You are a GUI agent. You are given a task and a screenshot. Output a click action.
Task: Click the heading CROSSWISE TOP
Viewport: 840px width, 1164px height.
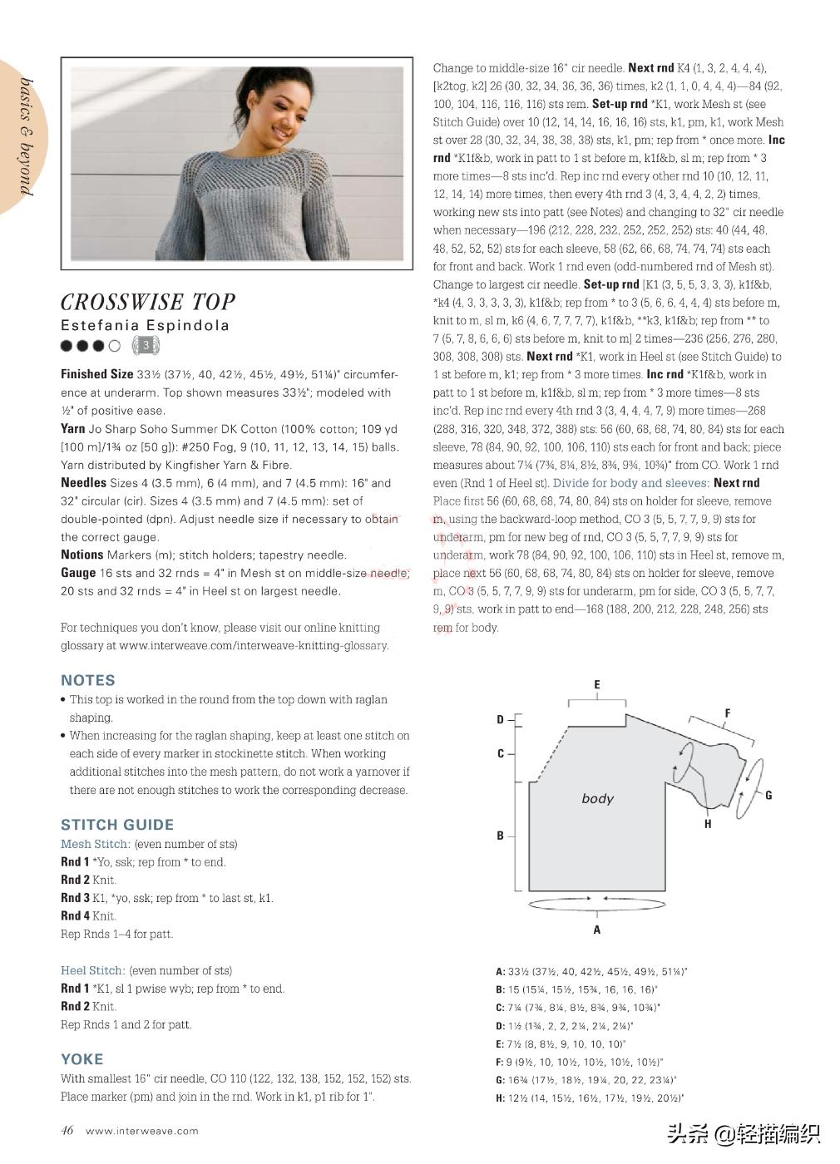(148, 301)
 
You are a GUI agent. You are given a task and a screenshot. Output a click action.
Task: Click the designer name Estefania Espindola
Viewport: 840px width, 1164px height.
(145, 325)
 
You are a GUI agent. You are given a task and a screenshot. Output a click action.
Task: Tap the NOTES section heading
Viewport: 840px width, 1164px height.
(87, 680)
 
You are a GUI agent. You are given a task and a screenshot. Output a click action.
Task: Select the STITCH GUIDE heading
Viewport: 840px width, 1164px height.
(117, 825)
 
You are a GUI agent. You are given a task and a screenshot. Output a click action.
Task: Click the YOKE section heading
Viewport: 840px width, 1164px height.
(82, 1059)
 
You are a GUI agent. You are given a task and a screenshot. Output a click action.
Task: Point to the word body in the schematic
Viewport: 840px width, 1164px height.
(597, 799)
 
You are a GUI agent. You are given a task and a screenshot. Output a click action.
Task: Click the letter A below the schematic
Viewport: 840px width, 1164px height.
(597, 930)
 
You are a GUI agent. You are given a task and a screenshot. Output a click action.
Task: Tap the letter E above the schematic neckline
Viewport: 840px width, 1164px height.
(597, 684)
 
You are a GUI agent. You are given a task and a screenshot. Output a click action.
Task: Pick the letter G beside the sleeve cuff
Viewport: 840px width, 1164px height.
(768, 796)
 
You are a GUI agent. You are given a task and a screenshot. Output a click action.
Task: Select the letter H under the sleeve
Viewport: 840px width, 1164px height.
(708, 824)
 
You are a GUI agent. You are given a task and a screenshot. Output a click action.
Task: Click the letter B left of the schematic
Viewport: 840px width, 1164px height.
(501, 836)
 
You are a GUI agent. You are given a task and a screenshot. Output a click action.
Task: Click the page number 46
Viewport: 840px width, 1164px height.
(67, 1130)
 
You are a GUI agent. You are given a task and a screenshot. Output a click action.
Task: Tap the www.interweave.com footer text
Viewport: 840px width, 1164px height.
(142, 1131)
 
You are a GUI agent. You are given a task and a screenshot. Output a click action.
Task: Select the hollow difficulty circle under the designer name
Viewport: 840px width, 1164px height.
(115, 346)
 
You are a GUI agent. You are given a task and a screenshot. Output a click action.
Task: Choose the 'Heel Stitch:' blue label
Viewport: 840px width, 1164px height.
(93, 970)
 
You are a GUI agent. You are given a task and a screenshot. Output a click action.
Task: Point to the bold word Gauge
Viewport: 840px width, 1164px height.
(78, 573)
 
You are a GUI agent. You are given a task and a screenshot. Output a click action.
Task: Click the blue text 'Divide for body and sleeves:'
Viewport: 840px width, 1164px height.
(631, 483)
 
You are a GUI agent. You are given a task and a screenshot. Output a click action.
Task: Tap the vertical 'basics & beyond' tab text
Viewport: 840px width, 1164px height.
(26, 137)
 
